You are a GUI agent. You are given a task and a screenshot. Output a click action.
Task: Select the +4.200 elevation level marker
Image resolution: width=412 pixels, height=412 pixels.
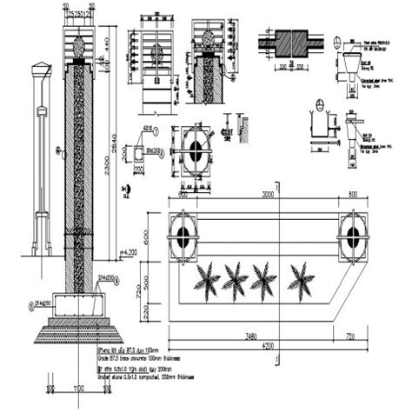[x=129, y=252]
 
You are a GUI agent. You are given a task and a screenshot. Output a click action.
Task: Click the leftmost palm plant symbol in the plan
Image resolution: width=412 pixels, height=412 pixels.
[x=209, y=280]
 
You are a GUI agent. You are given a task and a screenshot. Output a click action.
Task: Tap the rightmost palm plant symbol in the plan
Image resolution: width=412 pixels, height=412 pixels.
[x=302, y=280]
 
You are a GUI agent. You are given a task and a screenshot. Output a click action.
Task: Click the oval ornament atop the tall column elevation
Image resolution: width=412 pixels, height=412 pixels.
[x=78, y=43]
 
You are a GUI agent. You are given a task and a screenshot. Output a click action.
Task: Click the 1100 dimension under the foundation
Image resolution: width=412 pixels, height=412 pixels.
[x=77, y=388]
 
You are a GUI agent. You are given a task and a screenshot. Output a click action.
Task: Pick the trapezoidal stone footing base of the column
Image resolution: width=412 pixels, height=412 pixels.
[x=77, y=330]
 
